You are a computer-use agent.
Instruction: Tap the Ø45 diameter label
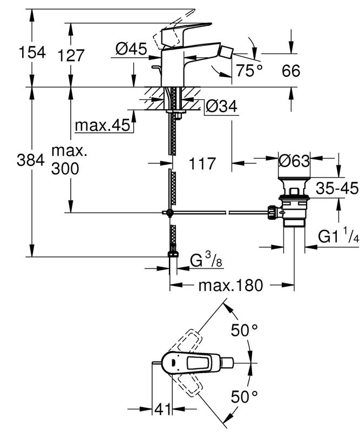tap(131, 50)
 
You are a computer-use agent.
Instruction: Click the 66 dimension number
tap(291, 70)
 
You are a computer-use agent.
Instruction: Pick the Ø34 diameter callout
tap(221, 107)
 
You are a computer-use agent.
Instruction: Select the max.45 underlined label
tap(103, 125)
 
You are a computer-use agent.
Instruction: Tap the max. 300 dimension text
tap(69, 160)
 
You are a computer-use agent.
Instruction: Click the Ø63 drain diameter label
tap(294, 161)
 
